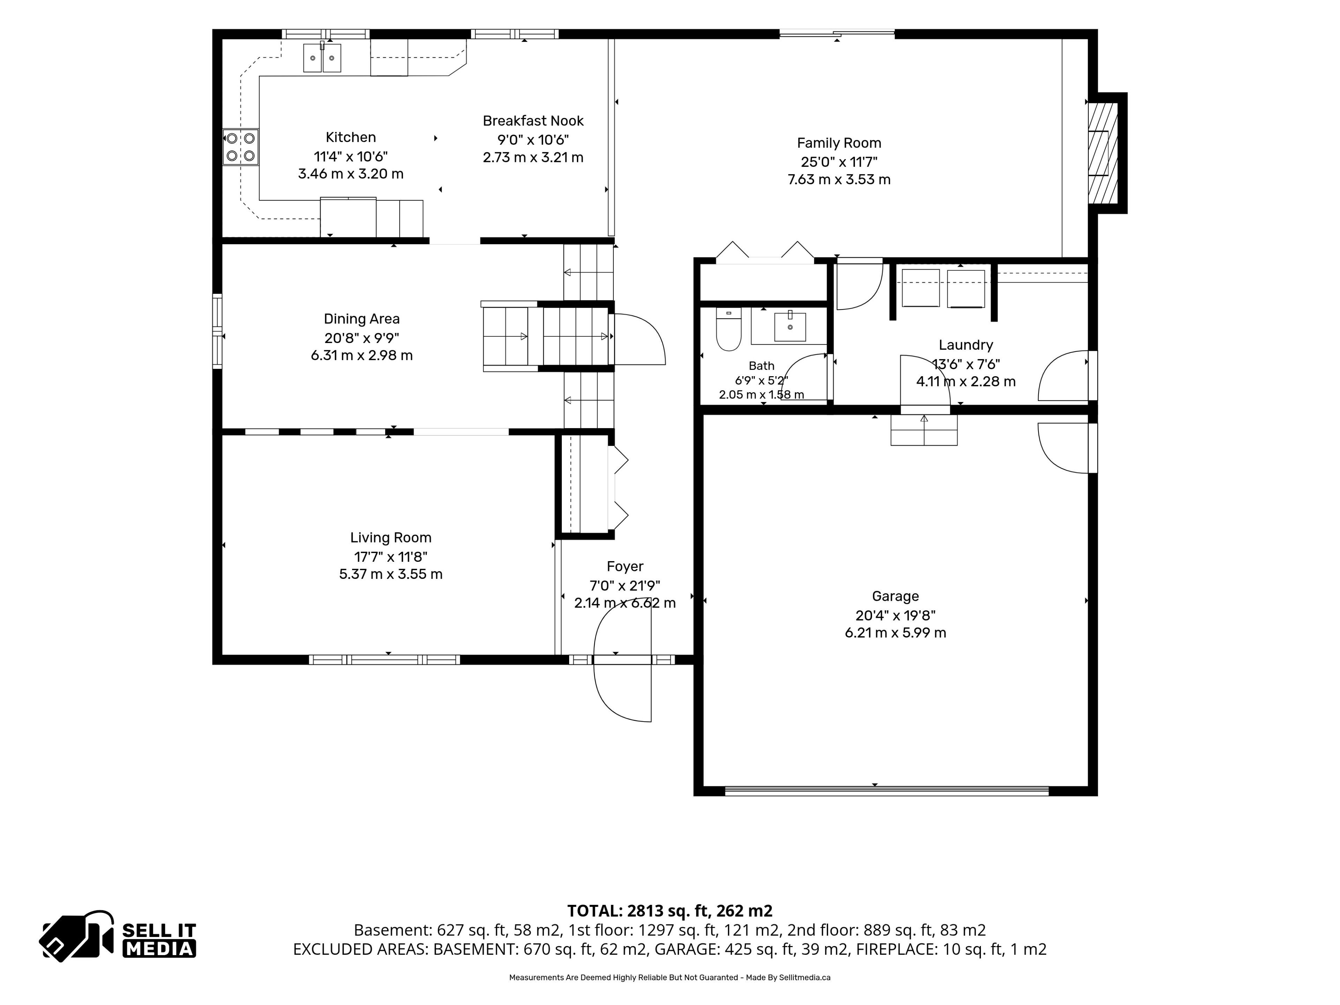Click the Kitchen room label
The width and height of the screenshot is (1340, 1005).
pyautogui.click(x=351, y=137)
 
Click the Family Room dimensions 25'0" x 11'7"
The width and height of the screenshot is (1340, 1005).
pyautogui.click(x=839, y=162)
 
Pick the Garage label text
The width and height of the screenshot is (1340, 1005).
pyautogui.click(x=895, y=597)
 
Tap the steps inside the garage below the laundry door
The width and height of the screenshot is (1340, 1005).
pyautogui.click(x=924, y=430)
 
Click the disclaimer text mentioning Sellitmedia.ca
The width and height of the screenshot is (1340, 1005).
pyautogui.click(x=669, y=977)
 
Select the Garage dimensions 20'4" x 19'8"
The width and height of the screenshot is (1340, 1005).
pyautogui.click(x=895, y=616)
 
